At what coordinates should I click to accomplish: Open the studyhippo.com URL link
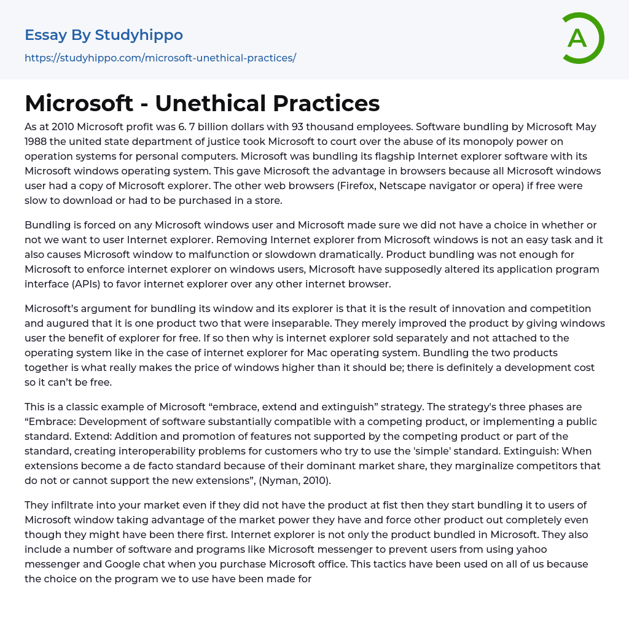(x=160, y=58)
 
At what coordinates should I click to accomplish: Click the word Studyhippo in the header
(x=139, y=35)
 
